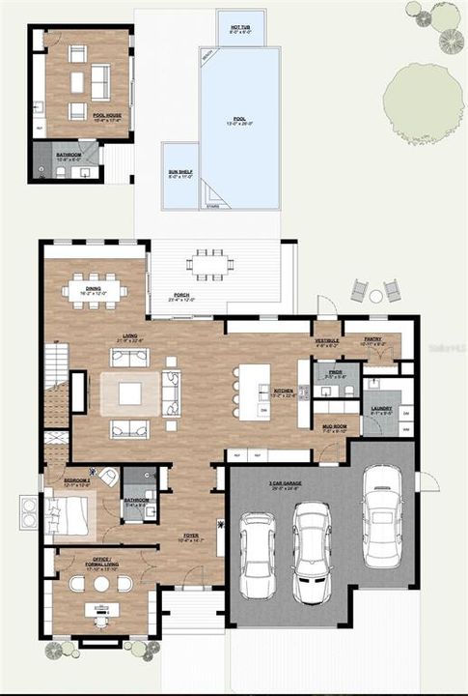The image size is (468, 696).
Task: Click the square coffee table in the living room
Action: click(130, 392)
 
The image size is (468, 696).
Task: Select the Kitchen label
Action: click(284, 392)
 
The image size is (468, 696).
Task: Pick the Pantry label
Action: click(372, 340)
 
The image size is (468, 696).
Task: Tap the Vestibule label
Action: click(327, 341)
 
